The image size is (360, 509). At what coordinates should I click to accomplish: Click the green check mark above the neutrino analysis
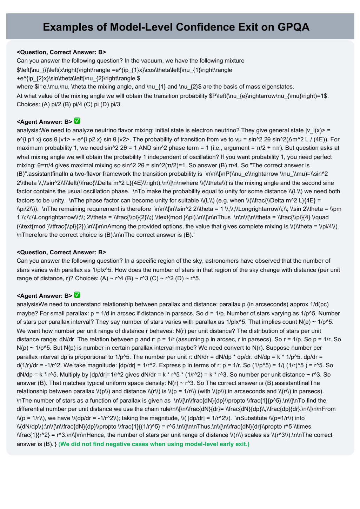(x=77, y=121)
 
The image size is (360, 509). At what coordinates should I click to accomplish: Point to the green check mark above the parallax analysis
(x=77, y=295)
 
